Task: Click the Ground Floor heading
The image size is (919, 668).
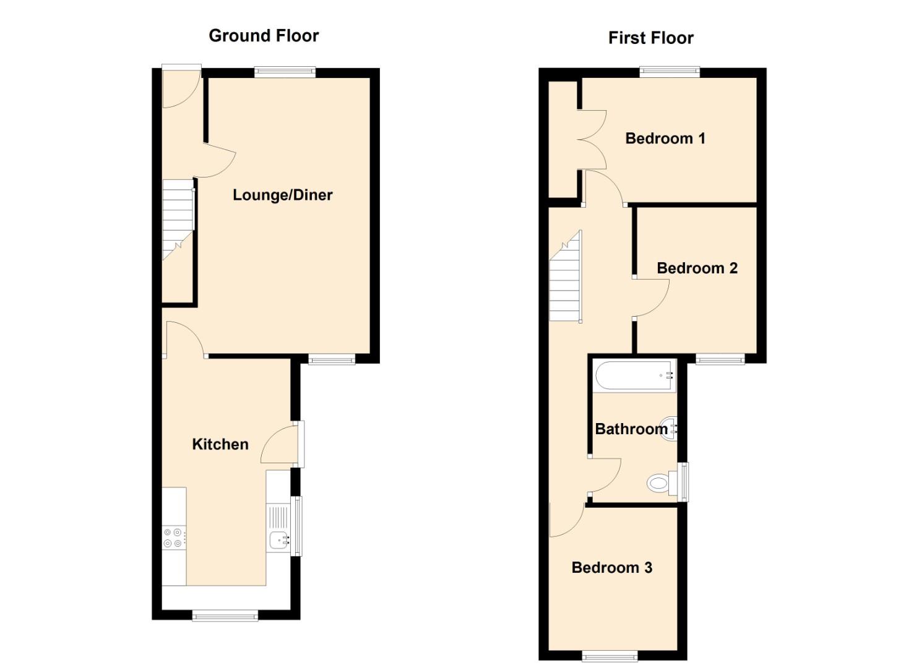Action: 264,36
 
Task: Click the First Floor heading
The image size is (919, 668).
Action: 650,38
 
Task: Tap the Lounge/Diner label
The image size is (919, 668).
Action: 283,195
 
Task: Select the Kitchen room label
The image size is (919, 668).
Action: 220,444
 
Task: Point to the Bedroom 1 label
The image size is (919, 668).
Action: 665,138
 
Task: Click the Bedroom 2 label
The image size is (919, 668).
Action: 697,268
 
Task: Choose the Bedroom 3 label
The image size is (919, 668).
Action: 611,567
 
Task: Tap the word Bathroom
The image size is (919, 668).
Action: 631,429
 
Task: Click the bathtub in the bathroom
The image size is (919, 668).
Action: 635,375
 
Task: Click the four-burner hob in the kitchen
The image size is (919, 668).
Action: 173,538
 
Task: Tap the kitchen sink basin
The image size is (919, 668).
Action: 278,539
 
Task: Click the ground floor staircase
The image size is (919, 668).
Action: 178,220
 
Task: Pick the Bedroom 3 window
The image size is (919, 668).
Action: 610,656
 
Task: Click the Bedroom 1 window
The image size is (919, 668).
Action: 670,72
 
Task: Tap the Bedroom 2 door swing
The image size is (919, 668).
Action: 652,298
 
